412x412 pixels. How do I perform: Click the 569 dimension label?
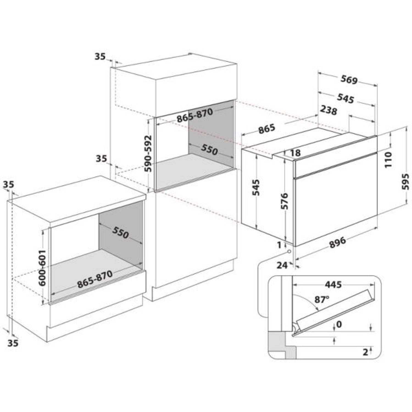click(x=349, y=80)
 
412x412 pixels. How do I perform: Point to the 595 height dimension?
click(x=405, y=181)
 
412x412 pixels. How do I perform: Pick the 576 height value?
click(x=284, y=201)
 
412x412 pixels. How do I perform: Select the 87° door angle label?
click(x=322, y=299)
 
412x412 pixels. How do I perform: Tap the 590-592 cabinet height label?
click(x=149, y=153)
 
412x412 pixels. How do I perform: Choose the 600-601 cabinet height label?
click(x=42, y=268)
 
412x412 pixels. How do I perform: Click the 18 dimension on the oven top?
click(x=295, y=153)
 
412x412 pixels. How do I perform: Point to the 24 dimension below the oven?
click(x=282, y=265)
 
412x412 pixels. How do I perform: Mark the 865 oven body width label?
click(x=266, y=129)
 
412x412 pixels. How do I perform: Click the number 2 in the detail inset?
click(x=365, y=352)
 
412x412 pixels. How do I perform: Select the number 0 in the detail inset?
click(x=339, y=324)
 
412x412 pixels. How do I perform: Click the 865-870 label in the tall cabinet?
click(x=195, y=115)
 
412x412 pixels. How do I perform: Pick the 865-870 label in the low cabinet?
click(x=95, y=279)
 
